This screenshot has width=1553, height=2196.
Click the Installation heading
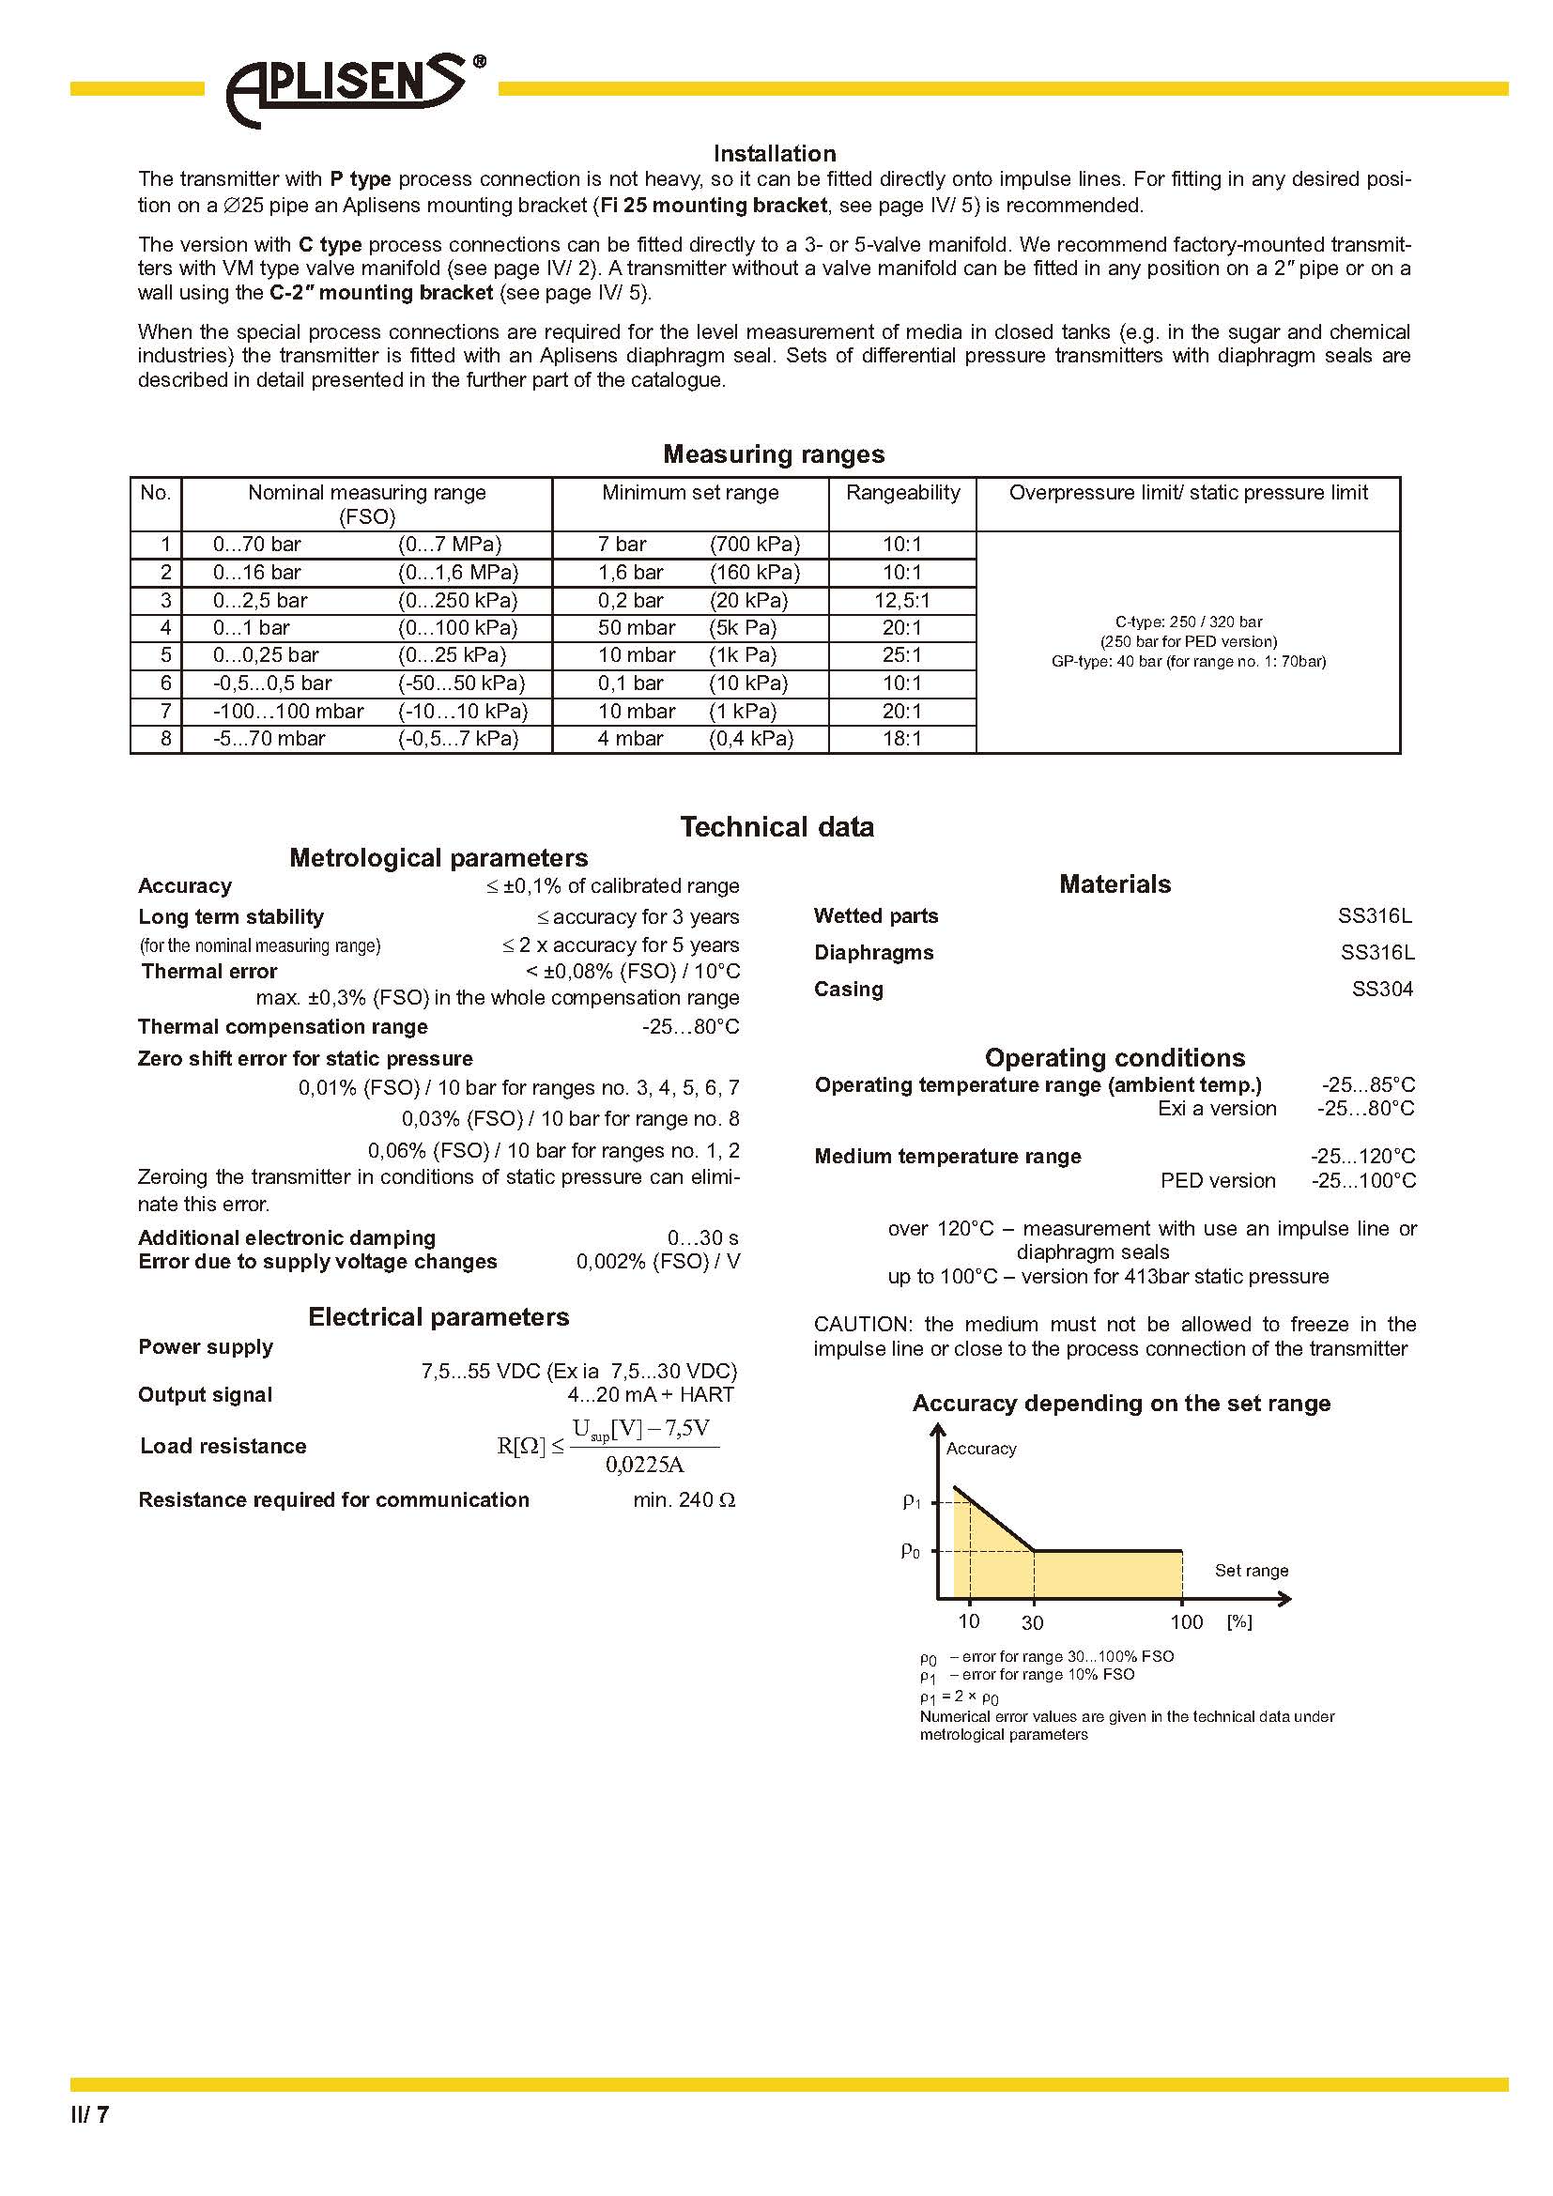[774, 153]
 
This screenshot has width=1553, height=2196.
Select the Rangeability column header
[901, 493]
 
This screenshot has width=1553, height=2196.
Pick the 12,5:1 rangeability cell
[901, 601]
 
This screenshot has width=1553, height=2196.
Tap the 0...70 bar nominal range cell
[256, 545]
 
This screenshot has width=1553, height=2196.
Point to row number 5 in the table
[165, 656]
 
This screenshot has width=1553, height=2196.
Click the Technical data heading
[776, 827]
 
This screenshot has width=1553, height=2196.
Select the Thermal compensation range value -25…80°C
[690, 1027]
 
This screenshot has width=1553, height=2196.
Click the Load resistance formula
[607, 1447]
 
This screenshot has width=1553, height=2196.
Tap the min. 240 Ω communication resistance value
[684, 1500]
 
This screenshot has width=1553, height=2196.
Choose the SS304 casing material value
[1382, 990]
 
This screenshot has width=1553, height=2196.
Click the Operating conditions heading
[1115, 1058]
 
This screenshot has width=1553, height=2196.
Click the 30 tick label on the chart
[1032, 1623]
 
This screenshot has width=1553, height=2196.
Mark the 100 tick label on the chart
[1186, 1622]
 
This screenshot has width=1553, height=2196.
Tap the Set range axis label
[1251, 1571]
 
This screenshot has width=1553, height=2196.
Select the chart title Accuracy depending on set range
[1121, 1403]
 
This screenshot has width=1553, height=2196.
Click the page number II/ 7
[90, 2114]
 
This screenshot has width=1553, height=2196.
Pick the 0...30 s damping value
[703, 1238]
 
